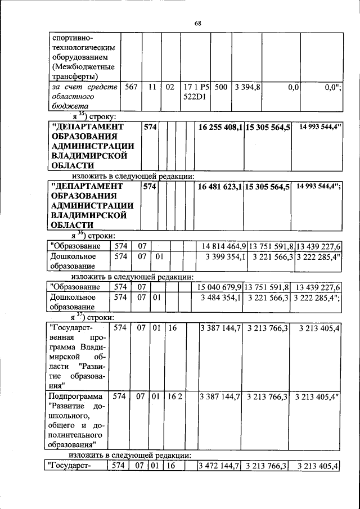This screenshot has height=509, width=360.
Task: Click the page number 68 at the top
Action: tap(197, 23)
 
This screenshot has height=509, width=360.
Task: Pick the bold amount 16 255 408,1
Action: tap(220, 128)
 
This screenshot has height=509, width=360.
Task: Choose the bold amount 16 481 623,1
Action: tap(220, 186)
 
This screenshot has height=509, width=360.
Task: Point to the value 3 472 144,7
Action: tap(220, 466)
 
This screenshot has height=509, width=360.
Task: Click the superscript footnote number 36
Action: tap(80, 232)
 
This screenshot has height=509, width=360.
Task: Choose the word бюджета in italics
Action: tap(66, 106)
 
